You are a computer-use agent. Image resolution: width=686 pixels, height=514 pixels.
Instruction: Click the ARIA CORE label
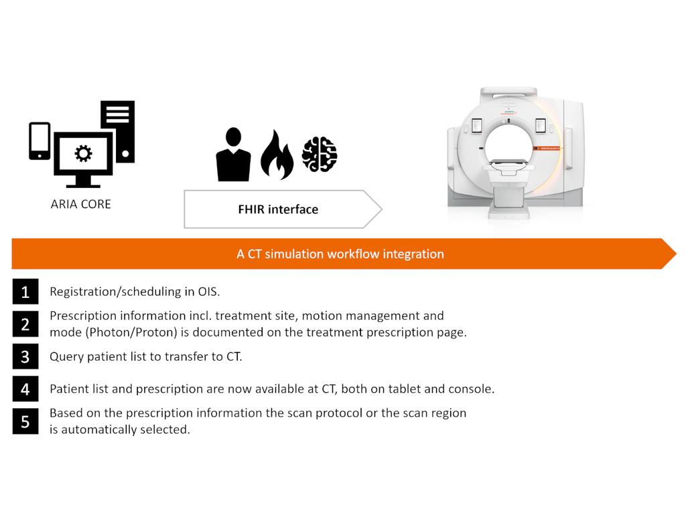(80, 204)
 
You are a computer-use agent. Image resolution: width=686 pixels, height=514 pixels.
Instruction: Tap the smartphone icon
(40, 141)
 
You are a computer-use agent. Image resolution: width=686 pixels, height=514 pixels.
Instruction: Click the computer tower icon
(119, 131)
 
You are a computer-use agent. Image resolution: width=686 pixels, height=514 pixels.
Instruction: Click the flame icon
(277, 155)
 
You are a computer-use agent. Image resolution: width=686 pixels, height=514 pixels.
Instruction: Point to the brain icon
(320, 155)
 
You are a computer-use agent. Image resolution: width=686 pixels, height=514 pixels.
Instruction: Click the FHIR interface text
(278, 209)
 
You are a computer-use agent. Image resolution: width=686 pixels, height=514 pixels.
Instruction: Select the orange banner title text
(340, 254)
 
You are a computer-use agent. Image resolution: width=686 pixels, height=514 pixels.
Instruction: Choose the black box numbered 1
(25, 292)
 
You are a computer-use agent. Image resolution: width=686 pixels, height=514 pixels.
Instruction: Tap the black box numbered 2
(25, 324)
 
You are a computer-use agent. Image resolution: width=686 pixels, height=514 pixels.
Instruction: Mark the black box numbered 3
(25, 357)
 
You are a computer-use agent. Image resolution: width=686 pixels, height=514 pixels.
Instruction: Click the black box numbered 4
(25, 389)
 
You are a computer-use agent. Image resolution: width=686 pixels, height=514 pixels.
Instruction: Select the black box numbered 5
(25, 421)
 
